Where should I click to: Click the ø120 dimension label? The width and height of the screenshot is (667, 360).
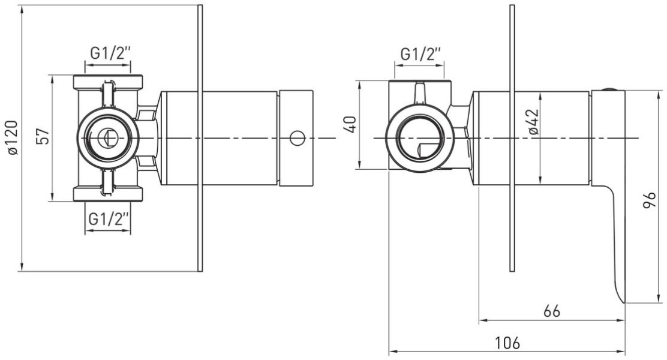point(13,138)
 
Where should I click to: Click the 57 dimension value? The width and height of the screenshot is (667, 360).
point(43,137)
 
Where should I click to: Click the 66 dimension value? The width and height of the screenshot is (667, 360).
point(552,311)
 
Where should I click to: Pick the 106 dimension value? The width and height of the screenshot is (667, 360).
point(507,343)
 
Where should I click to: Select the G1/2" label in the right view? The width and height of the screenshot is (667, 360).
point(420,54)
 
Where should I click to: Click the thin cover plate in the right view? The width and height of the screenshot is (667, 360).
point(513,138)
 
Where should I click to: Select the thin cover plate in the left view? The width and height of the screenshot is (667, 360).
point(200,138)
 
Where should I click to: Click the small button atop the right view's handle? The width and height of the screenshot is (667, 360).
point(610,89)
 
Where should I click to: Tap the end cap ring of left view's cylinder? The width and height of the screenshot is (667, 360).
point(296,138)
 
